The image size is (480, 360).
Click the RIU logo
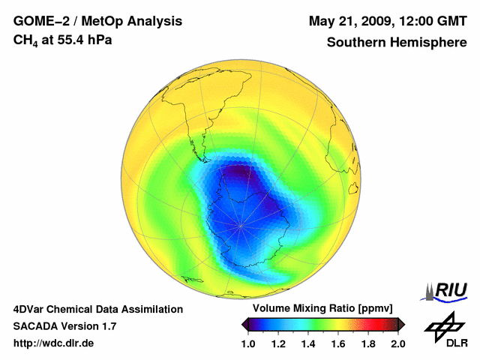coord(447,290)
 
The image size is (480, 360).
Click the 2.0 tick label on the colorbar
coord(397,343)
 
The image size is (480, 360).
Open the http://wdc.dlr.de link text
coord(54,343)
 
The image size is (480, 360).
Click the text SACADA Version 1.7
coord(64,326)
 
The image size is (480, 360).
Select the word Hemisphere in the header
coord(432,43)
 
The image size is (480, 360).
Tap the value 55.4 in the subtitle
coord(70,39)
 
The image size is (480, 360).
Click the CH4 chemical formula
coord(24,40)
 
